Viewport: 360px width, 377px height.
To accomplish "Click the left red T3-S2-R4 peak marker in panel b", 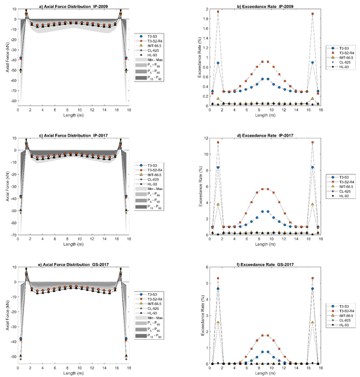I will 218,12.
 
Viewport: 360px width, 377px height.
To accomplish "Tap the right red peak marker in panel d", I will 313,143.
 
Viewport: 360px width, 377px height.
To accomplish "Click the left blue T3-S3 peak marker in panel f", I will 218,289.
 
